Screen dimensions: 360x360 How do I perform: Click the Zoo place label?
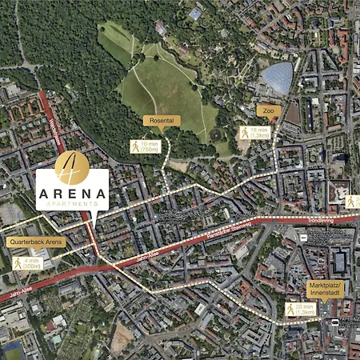click(268, 111)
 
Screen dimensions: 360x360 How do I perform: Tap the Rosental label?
click(162, 121)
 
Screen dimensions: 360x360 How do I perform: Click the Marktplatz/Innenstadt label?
click(328, 287)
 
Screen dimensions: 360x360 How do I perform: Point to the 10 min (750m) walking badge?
click(146, 146)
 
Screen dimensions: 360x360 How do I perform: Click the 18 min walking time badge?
click(254, 133)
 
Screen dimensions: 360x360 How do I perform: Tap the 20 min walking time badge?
click(301, 309)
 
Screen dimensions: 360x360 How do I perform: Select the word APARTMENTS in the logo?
click(72, 205)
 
